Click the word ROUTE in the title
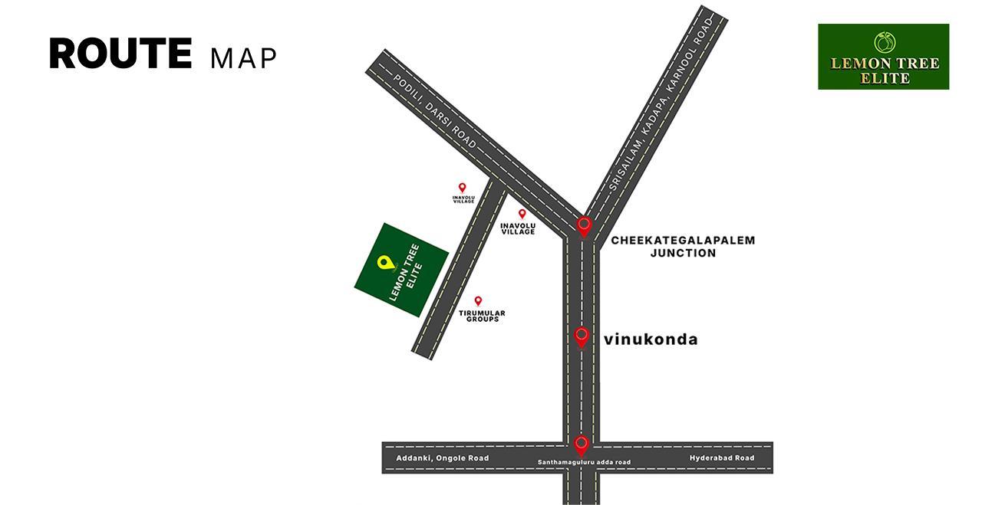point(120,54)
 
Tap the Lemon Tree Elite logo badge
point(883,57)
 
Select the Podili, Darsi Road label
point(434,113)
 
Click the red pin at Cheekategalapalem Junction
point(584,226)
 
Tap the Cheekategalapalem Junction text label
point(683,246)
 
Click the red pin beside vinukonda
point(582,336)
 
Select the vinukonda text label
point(651,339)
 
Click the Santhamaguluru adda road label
point(584,462)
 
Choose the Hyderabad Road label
point(721,458)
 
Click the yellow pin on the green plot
point(384,263)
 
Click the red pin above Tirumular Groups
point(478,301)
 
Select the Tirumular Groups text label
point(482,316)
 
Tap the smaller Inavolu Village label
point(463,199)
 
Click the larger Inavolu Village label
point(518,228)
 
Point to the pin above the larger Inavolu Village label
point(522,214)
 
